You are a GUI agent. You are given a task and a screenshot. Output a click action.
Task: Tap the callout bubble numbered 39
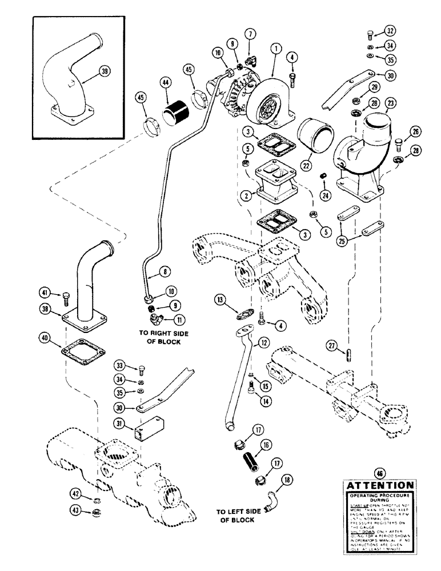(x=104, y=71)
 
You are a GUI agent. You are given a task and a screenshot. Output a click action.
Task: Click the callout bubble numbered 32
(x=390, y=31)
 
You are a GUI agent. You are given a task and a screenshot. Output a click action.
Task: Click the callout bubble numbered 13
(x=221, y=300)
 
